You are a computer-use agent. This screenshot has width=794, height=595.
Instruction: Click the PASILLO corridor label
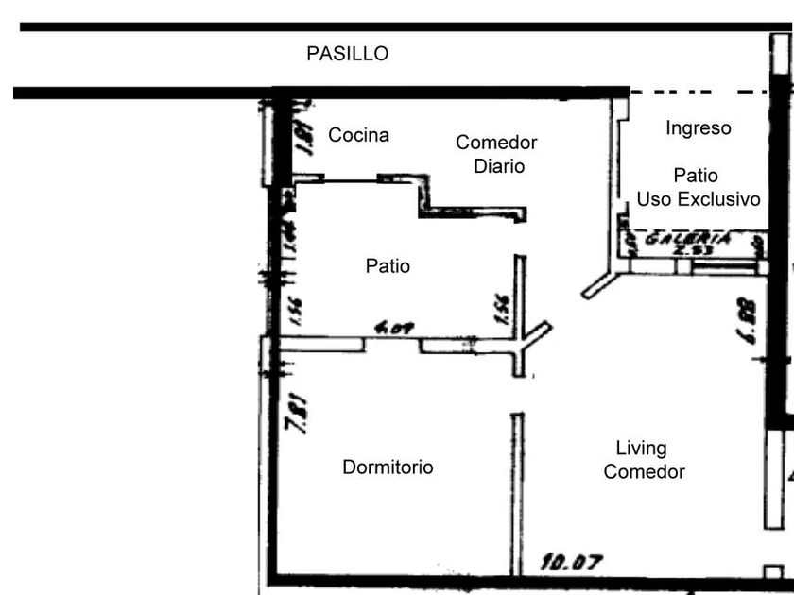(347, 54)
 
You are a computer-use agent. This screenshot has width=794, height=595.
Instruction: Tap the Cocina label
(358, 135)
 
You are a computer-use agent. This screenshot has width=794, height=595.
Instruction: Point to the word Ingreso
(698, 127)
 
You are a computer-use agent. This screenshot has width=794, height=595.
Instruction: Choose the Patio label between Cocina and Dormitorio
(388, 266)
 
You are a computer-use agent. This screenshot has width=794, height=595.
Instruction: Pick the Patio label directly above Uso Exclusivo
(696, 176)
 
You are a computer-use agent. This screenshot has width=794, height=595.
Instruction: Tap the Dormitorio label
(388, 467)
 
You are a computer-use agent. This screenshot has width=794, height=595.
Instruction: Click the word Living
(641, 448)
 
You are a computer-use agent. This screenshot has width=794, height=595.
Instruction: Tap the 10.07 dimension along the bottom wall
(572, 563)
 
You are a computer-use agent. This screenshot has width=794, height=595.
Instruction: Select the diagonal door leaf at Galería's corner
(599, 285)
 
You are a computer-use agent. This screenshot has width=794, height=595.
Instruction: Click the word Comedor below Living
(644, 471)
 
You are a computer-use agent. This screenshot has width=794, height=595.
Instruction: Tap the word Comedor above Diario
(496, 143)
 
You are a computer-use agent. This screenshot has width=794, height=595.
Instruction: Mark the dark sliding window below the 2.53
(723, 268)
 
